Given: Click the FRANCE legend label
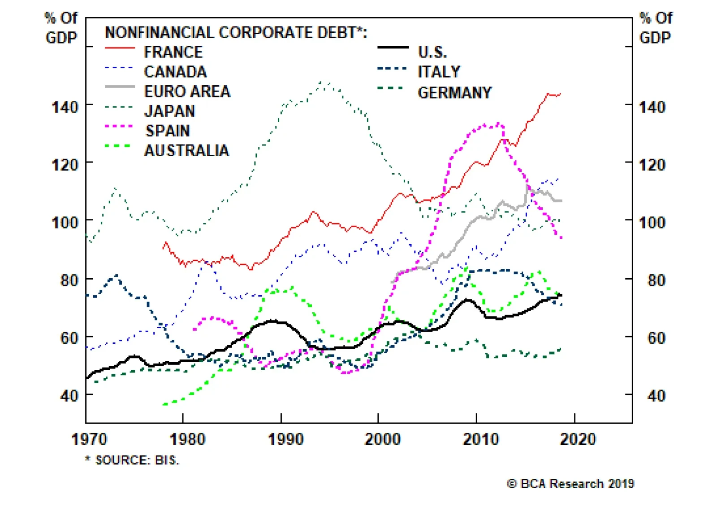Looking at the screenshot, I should [x=173, y=53].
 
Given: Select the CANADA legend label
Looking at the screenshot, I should [x=175, y=72].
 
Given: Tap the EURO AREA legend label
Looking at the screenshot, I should [x=187, y=92].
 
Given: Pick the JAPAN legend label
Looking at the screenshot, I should [x=169, y=111].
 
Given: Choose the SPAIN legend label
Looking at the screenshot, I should [x=167, y=131].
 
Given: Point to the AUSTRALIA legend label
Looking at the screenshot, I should [x=186, y=150].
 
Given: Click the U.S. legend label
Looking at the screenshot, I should [x=432, y=53].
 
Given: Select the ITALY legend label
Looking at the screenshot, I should [x=439, y=72].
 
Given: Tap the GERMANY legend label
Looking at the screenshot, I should [x=454, y=92].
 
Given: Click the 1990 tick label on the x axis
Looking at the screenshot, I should [x=285, y=439].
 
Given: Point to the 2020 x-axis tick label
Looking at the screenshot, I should [x=578, y=439].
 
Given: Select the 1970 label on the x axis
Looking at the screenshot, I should [x=89, y=439].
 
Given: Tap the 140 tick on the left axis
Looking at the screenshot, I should [x=65, y=107].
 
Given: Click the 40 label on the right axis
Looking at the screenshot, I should [x=656, y=396].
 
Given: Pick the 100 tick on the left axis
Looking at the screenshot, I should [x=65, y=223].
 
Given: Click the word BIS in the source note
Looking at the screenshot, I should [x=166, y=460].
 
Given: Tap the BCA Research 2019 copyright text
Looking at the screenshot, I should [x=570, y=484].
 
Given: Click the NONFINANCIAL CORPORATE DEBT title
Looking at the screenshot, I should [x=236, y=33].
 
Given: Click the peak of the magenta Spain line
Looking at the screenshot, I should [x=498, y=123].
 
